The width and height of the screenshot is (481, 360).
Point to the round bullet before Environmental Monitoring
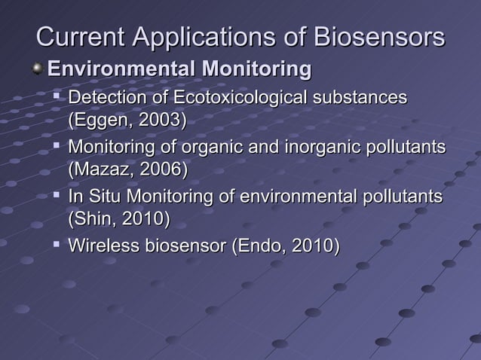[x=38, y=70]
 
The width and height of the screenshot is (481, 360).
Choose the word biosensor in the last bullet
[x=183, y=246]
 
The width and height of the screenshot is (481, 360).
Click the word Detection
[x=106, y=98]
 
